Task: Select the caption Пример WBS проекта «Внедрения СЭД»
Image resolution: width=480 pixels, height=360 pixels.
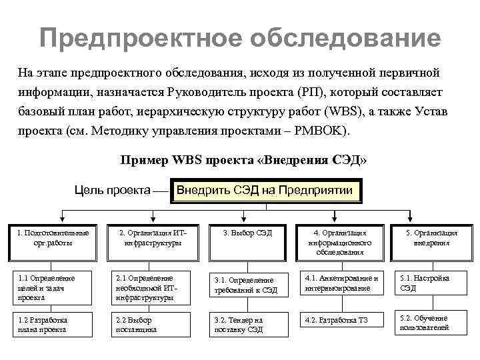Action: coord(243,161)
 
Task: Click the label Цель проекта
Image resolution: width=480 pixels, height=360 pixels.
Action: coord(111,191)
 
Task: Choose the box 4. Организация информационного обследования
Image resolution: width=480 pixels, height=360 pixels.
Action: coord(339,242)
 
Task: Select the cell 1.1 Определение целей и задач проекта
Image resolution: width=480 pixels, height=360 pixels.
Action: coord(53,287)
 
